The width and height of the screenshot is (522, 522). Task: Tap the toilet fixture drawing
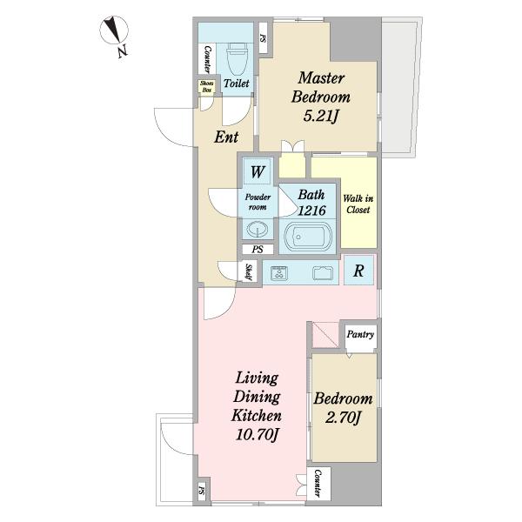click(x=238, y=59)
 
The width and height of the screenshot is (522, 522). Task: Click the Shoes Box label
click(x=207, y=86)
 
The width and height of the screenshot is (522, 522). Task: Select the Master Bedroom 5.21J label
click(x=320, y=97)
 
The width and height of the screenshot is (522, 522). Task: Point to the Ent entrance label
click(x=226, y=137)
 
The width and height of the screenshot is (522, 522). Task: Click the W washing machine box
click(x=258, y=171)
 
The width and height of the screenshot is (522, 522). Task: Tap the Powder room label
click(x=258, y=202)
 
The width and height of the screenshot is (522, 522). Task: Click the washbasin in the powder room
click(x=258, y=229)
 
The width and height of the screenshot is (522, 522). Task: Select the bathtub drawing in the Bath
click(x=308, y=237)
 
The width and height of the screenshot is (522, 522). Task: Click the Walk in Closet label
click(x=358, y=204)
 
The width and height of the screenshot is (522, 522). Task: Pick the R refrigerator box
click(x=358, y=271)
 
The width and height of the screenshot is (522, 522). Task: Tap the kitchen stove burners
click(x=279, y=273)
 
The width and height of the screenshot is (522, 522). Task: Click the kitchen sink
click(x=323, y=273)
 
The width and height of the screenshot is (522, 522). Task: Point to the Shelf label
click(x=249, y=272)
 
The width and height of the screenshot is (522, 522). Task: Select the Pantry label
click(x=360, y=334)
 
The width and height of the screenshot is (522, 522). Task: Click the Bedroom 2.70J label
click(x=344, y=408)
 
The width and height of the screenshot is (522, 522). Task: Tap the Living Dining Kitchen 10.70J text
click(x=257, y=406)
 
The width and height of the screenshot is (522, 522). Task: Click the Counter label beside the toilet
click(x=207, y=59)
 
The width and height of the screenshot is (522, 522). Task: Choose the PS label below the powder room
click(x=258, y=249)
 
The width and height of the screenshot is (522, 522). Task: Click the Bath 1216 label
click(x=311, y=203)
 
